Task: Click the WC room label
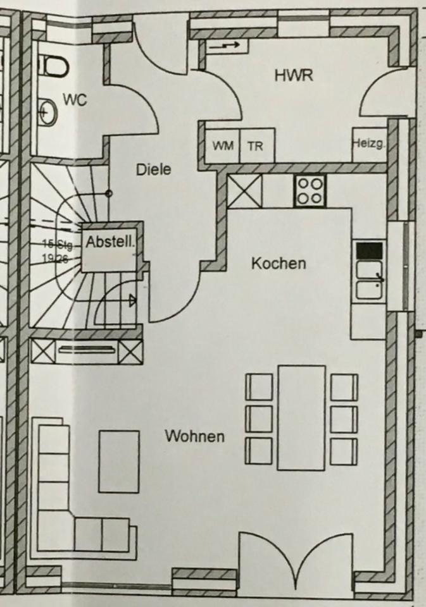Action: coord(75,99)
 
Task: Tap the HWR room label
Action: coord(294,75)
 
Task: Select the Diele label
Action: coord(153,169)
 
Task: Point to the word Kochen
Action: coord(278,263)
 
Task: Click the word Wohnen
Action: coord(194,436)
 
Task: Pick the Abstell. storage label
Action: coord(111,242)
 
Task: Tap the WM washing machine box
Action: coord(223,146)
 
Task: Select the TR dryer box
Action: coord(255,146)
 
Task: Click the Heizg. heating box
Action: coord(368,145)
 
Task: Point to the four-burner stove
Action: coord(310,190)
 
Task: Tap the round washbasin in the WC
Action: coord(47,113)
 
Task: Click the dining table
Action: coord(301,418)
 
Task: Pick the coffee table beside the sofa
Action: coord(118,462)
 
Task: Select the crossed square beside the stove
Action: coord(244,191)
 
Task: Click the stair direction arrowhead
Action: coord(132,300)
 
